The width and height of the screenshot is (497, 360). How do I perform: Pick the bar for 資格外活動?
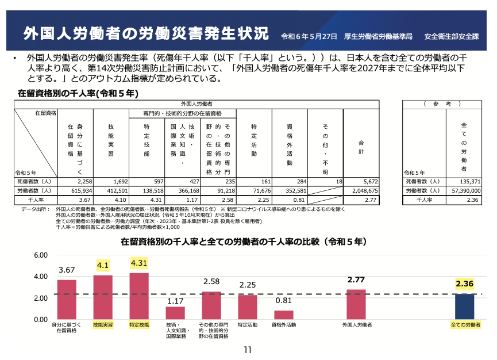click(284, 315)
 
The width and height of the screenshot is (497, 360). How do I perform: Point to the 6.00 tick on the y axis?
click(40, 255)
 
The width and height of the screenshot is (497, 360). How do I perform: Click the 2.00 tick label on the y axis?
click(40, 298)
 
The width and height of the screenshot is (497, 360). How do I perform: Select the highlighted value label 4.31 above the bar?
click(140, 263)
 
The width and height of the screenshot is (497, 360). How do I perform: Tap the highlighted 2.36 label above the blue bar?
click(464, 284)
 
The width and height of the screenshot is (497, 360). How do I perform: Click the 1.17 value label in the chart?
click(175, 301)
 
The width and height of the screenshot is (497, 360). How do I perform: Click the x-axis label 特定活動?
click(248, 325)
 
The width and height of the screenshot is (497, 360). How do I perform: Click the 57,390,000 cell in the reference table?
click(464, 190)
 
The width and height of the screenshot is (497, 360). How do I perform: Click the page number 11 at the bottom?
click(248, 350)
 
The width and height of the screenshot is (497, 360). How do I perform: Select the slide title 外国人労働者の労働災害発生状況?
click(146, 33)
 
